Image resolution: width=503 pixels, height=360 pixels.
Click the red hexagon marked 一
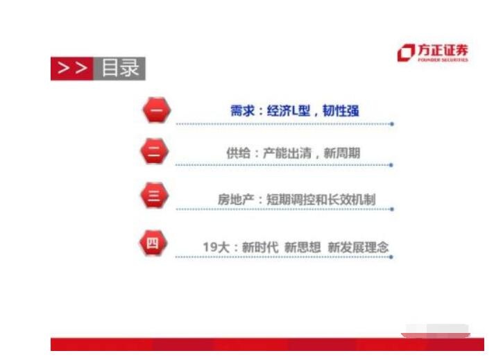click(155, 111)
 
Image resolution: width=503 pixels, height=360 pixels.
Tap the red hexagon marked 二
click(154, 153)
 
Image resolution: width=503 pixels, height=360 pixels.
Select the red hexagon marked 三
click(154, 196)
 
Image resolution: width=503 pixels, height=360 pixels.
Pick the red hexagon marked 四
click(153, 243)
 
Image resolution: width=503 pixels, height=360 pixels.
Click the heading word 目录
click(120, 68)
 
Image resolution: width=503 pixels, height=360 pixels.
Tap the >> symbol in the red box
click(72, 68)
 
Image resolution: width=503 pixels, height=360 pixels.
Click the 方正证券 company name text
click(443, 50)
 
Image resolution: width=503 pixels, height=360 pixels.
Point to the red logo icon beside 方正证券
click(406, 53)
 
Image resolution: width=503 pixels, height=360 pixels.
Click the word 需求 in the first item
click(241, 111)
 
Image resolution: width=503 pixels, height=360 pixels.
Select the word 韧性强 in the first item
click(341, 111)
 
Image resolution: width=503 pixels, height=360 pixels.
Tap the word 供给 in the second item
click(237, 153)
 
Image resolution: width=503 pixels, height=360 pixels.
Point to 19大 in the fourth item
click(214, 247)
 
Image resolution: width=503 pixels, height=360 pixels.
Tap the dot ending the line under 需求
click(392, 124)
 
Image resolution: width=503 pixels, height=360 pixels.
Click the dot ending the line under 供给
click(392, 165)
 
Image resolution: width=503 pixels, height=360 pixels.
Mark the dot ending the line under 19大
click(392, 257)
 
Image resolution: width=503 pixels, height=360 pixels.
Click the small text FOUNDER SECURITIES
click(443, 60)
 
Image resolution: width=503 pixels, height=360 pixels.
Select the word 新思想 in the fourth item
click(302, 247)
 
